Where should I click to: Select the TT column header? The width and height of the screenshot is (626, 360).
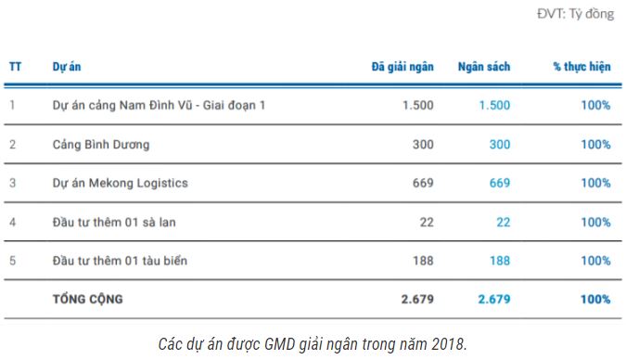16,67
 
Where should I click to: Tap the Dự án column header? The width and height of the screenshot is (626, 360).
66,67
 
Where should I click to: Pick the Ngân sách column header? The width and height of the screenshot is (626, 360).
483,67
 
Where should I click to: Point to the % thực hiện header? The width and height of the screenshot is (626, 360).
581,67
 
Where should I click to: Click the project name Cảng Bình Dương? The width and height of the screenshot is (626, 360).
101,145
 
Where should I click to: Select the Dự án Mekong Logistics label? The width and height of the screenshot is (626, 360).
121,183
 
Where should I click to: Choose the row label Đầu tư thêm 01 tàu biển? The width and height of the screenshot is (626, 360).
121,261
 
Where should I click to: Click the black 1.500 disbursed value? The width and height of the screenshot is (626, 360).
417,106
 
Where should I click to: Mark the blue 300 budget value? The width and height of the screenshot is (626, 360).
499,145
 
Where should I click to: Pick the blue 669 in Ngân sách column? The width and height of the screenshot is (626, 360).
499,183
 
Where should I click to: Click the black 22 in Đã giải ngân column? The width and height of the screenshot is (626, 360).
426,222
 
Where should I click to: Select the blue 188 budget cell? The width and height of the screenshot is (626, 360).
499,261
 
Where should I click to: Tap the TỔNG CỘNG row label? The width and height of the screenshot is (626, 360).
88,299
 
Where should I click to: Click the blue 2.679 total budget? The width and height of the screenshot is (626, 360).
493,299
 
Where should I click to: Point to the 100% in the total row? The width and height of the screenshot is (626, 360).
594,299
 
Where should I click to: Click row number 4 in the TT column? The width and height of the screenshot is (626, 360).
13,222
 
